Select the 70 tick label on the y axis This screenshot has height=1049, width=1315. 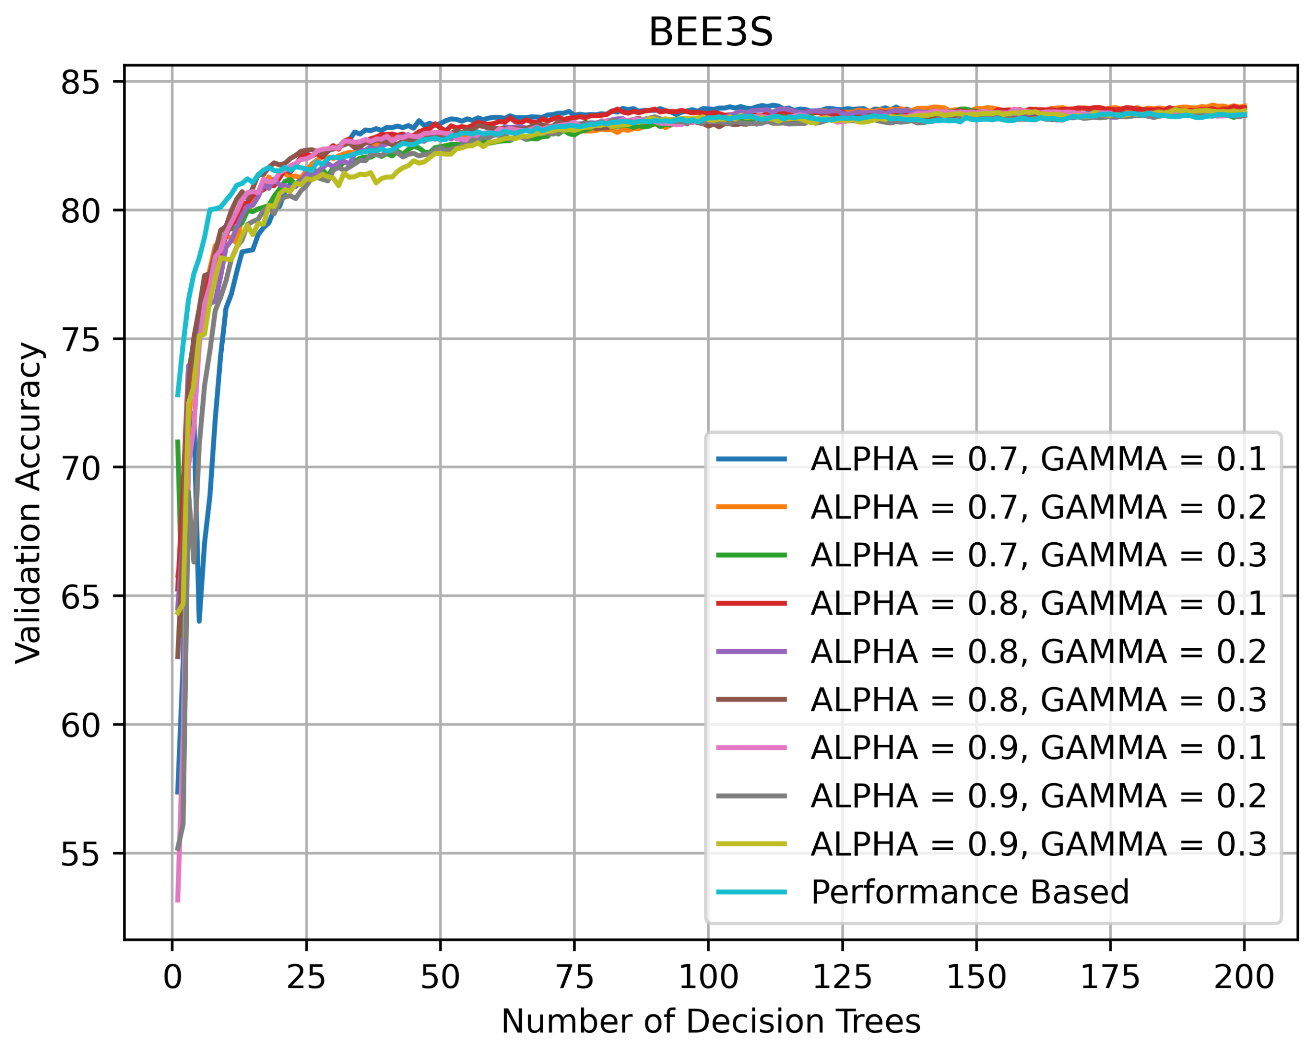pos(79,468)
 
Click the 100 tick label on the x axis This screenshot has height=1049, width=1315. pos(708,977)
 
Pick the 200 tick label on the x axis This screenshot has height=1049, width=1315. pos(1244,977)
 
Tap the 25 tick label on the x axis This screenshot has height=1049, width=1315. pos(306,977)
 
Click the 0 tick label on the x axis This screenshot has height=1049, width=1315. pos(173,977)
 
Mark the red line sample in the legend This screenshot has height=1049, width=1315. pos(752,603)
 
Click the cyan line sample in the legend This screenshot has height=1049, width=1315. pos(752,892)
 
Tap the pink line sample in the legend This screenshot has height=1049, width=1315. pos(752,748)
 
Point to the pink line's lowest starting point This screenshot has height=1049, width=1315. pos(177,901)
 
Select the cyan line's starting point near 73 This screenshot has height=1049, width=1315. pos(177,396)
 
